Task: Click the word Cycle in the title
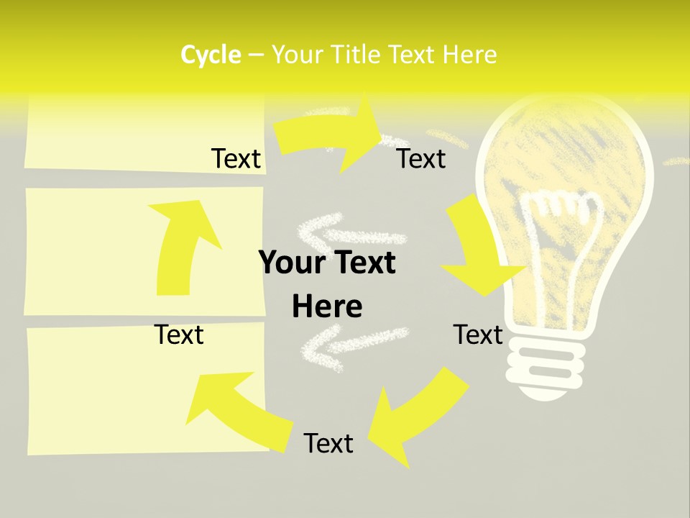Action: (x=211, y=55)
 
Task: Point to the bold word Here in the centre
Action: (x=327, y=307)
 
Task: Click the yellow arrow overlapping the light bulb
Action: (x=480, y=248)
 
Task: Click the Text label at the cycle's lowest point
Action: (x=328, y=443)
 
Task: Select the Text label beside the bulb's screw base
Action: (x=478, y=335)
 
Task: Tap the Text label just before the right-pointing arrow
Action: (x=236, y=158)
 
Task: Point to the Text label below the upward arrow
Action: (x=179, y=335)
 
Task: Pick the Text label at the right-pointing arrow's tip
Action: (x=421, y=158)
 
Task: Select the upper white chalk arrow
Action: (x=345, y=230)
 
